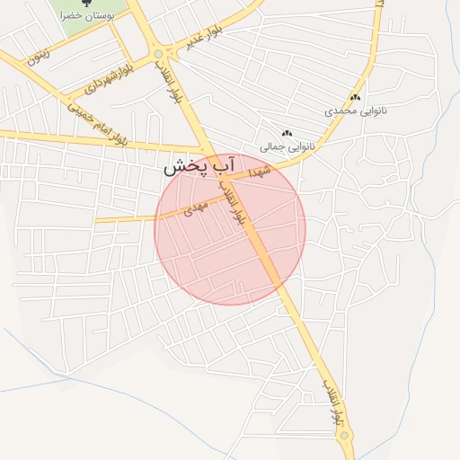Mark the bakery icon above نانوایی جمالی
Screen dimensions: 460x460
click(x=287, y=133)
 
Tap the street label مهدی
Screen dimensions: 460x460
click(x=196, y=209)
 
